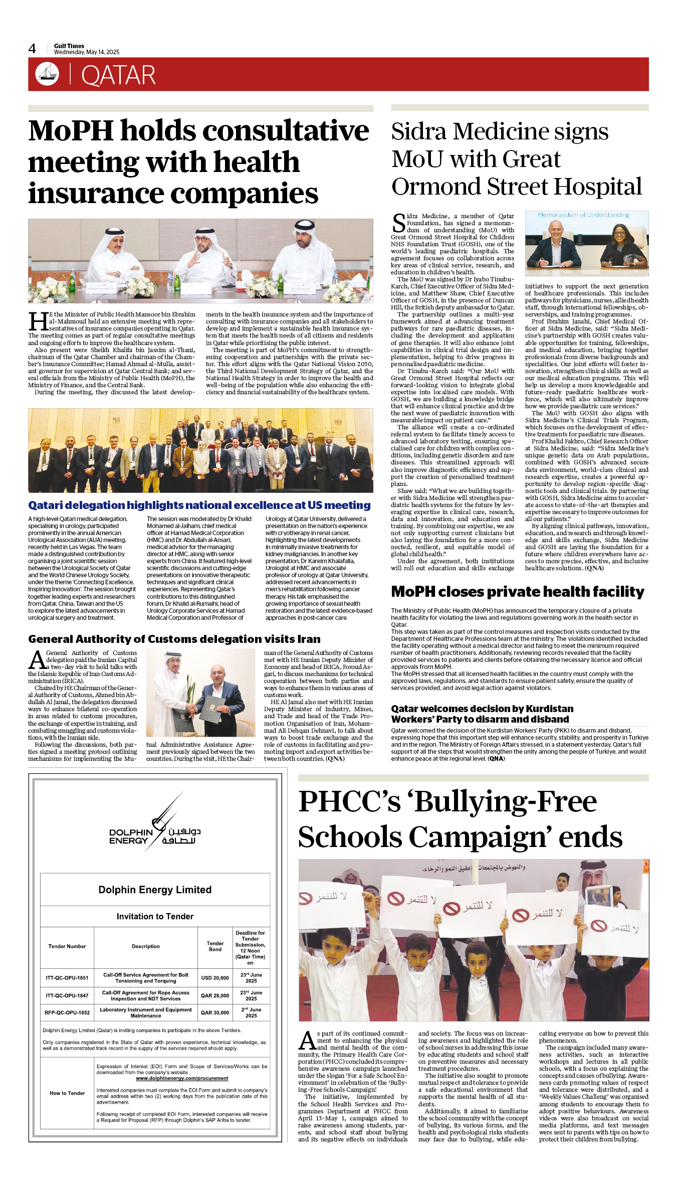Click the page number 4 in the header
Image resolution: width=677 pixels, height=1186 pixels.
point(32,49)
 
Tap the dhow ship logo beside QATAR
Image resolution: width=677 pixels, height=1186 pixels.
point(47,74)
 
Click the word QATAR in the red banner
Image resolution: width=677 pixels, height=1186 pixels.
point(118,75)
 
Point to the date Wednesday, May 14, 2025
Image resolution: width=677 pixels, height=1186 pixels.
point(87,52)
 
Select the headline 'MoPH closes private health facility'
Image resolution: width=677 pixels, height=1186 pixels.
point(517,592)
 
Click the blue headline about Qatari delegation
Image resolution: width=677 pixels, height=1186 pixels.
point(199,505)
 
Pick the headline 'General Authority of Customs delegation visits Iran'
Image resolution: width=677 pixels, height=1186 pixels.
point(174,639)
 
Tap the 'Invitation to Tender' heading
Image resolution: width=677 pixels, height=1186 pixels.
point(155,916)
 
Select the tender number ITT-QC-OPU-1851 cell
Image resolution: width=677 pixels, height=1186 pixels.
point(67,978)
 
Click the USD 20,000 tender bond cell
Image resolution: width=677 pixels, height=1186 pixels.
point(215,978)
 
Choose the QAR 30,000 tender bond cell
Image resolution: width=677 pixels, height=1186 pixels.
point(215,1012)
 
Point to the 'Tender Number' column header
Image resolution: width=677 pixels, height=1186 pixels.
point(67,946)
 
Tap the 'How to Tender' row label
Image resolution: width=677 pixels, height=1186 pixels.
point(67,1093)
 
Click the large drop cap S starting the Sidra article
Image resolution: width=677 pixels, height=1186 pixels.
point(399,223)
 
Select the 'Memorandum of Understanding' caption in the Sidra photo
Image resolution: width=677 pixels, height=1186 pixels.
point(583,215)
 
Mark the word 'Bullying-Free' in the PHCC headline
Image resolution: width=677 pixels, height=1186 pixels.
point(506,802)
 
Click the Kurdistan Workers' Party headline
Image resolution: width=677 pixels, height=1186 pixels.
point(482,714)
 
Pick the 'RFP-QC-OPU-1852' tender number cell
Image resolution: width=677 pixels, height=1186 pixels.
point(67,1012)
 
